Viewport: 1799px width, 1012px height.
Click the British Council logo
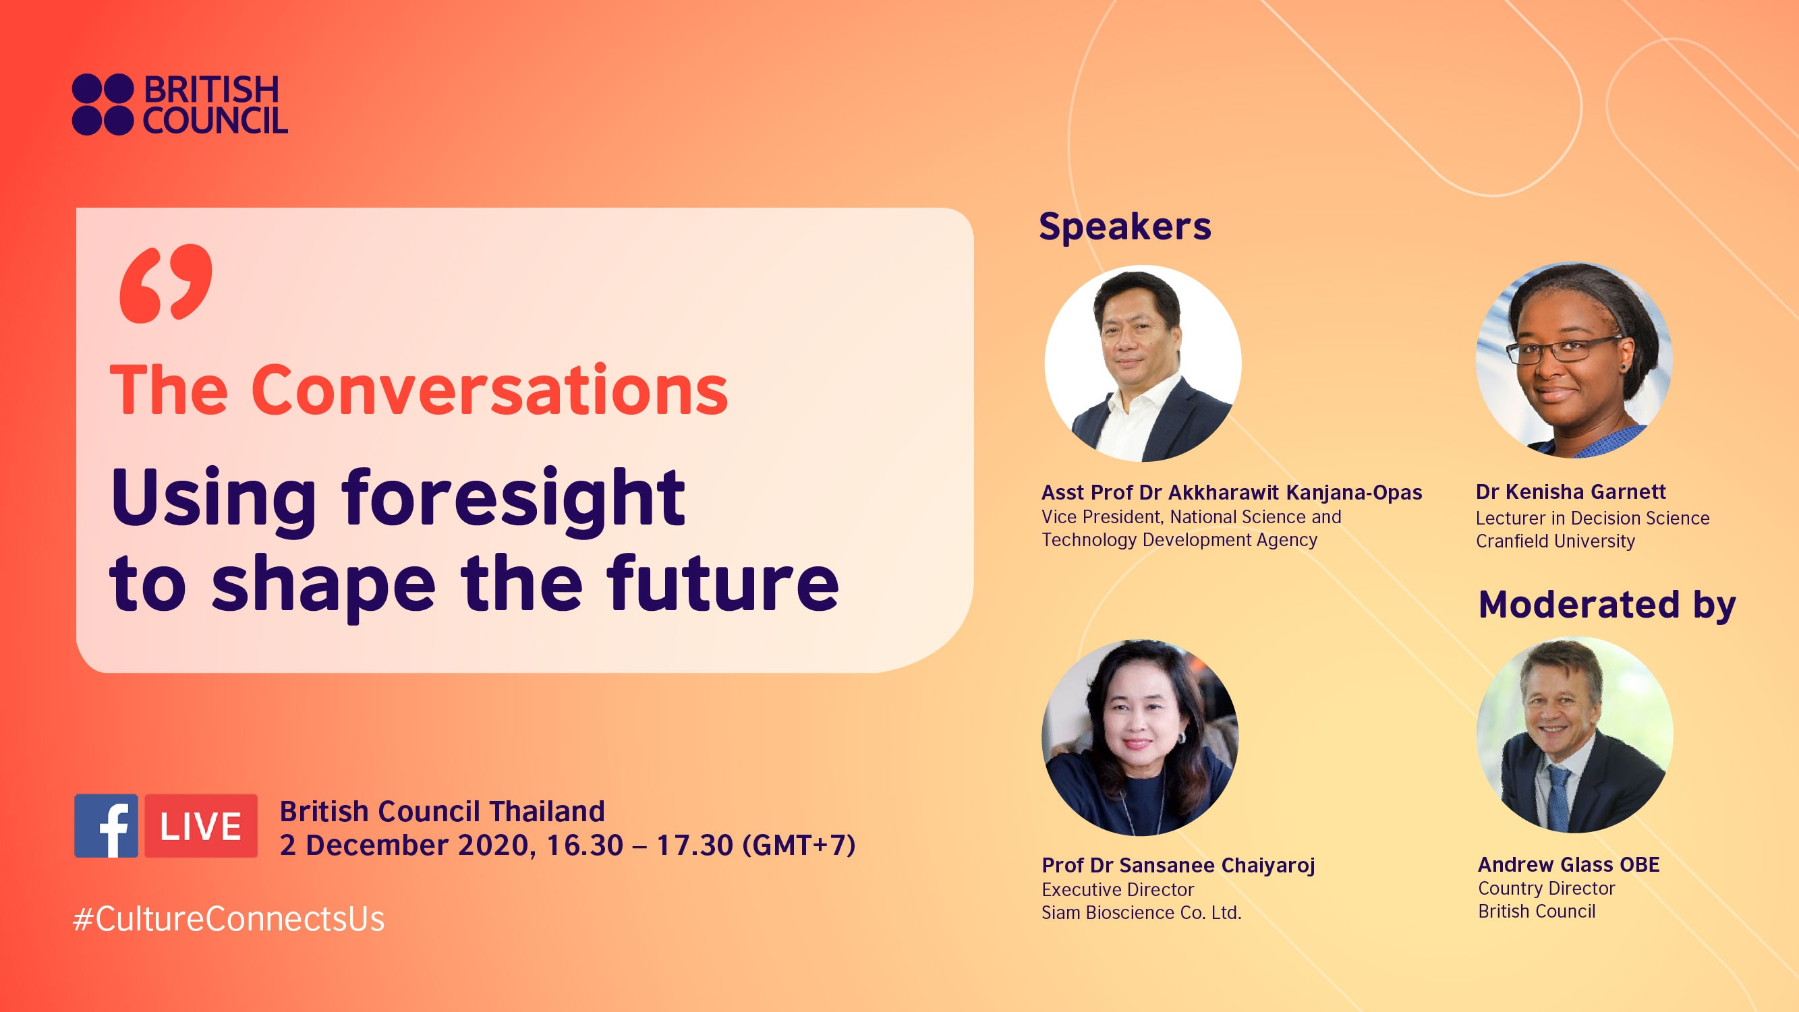[x=179, y=105]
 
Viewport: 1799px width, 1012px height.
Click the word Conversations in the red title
[x=489, y=391]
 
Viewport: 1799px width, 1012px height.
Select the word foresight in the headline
[x=513, y=499]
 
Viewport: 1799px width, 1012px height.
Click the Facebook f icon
[x=106, y=826]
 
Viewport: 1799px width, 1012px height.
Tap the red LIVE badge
[x=201, y=826]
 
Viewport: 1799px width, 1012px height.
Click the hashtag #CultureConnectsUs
[x=229, y=919]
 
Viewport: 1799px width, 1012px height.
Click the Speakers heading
[x=1124, y=227]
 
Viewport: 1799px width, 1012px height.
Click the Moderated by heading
[x=1606, y=604]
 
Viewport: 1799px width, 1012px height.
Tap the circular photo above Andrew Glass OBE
[x=1574, y=734]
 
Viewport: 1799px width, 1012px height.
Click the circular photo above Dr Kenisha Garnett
[x=1574, y=360]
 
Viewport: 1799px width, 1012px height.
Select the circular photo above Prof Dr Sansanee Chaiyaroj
[x=1140, y=737]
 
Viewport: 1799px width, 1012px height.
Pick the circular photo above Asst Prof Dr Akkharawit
[x=1143, y=363]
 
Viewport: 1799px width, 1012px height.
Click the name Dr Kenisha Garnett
[x=1570, y=492]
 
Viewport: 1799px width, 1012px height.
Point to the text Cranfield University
[x=1555, y=541]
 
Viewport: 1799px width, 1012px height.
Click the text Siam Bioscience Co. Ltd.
[x=1141, y=913]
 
